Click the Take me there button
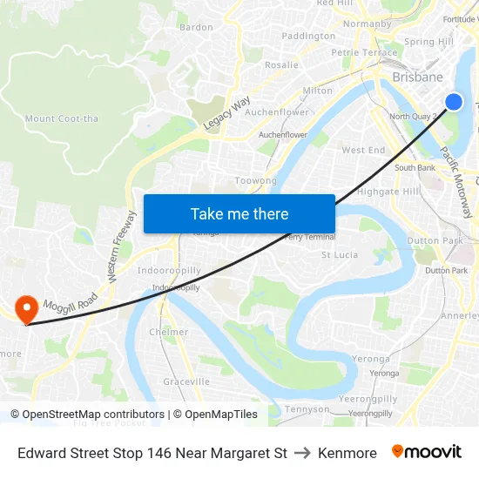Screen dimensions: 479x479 [239, 213]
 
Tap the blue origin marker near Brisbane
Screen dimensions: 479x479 [453, 102]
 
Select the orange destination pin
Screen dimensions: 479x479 [26, 308]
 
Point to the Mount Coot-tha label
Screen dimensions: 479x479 [63, 118]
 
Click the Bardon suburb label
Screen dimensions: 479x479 [196, 27]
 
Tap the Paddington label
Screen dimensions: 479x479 [308, 36]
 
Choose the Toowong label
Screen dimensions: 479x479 [256, 181]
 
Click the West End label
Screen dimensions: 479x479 [363, 150]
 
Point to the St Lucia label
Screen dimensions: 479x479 [340, 255]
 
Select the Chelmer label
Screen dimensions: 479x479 [168, 332]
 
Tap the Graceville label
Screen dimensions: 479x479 [186, 381]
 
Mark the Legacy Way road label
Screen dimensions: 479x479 [226, 114]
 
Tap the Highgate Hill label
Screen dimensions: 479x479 [388, 192]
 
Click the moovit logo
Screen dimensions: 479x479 [427, 452]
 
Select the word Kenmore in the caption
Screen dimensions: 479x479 [347, 453]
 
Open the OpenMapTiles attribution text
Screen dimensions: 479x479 [215, 415]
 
